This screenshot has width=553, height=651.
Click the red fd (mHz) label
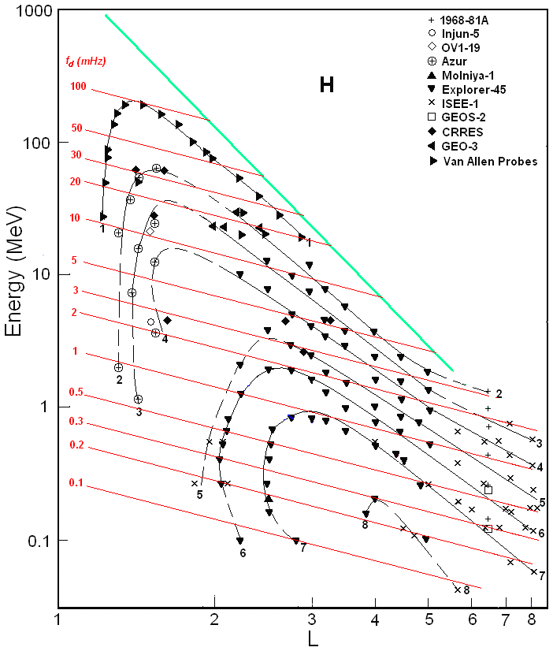pos(85,61)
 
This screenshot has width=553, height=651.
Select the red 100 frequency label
pos(78,87)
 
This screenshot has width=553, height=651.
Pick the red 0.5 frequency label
pos(76,392)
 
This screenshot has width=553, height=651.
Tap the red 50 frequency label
pos(77,128)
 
